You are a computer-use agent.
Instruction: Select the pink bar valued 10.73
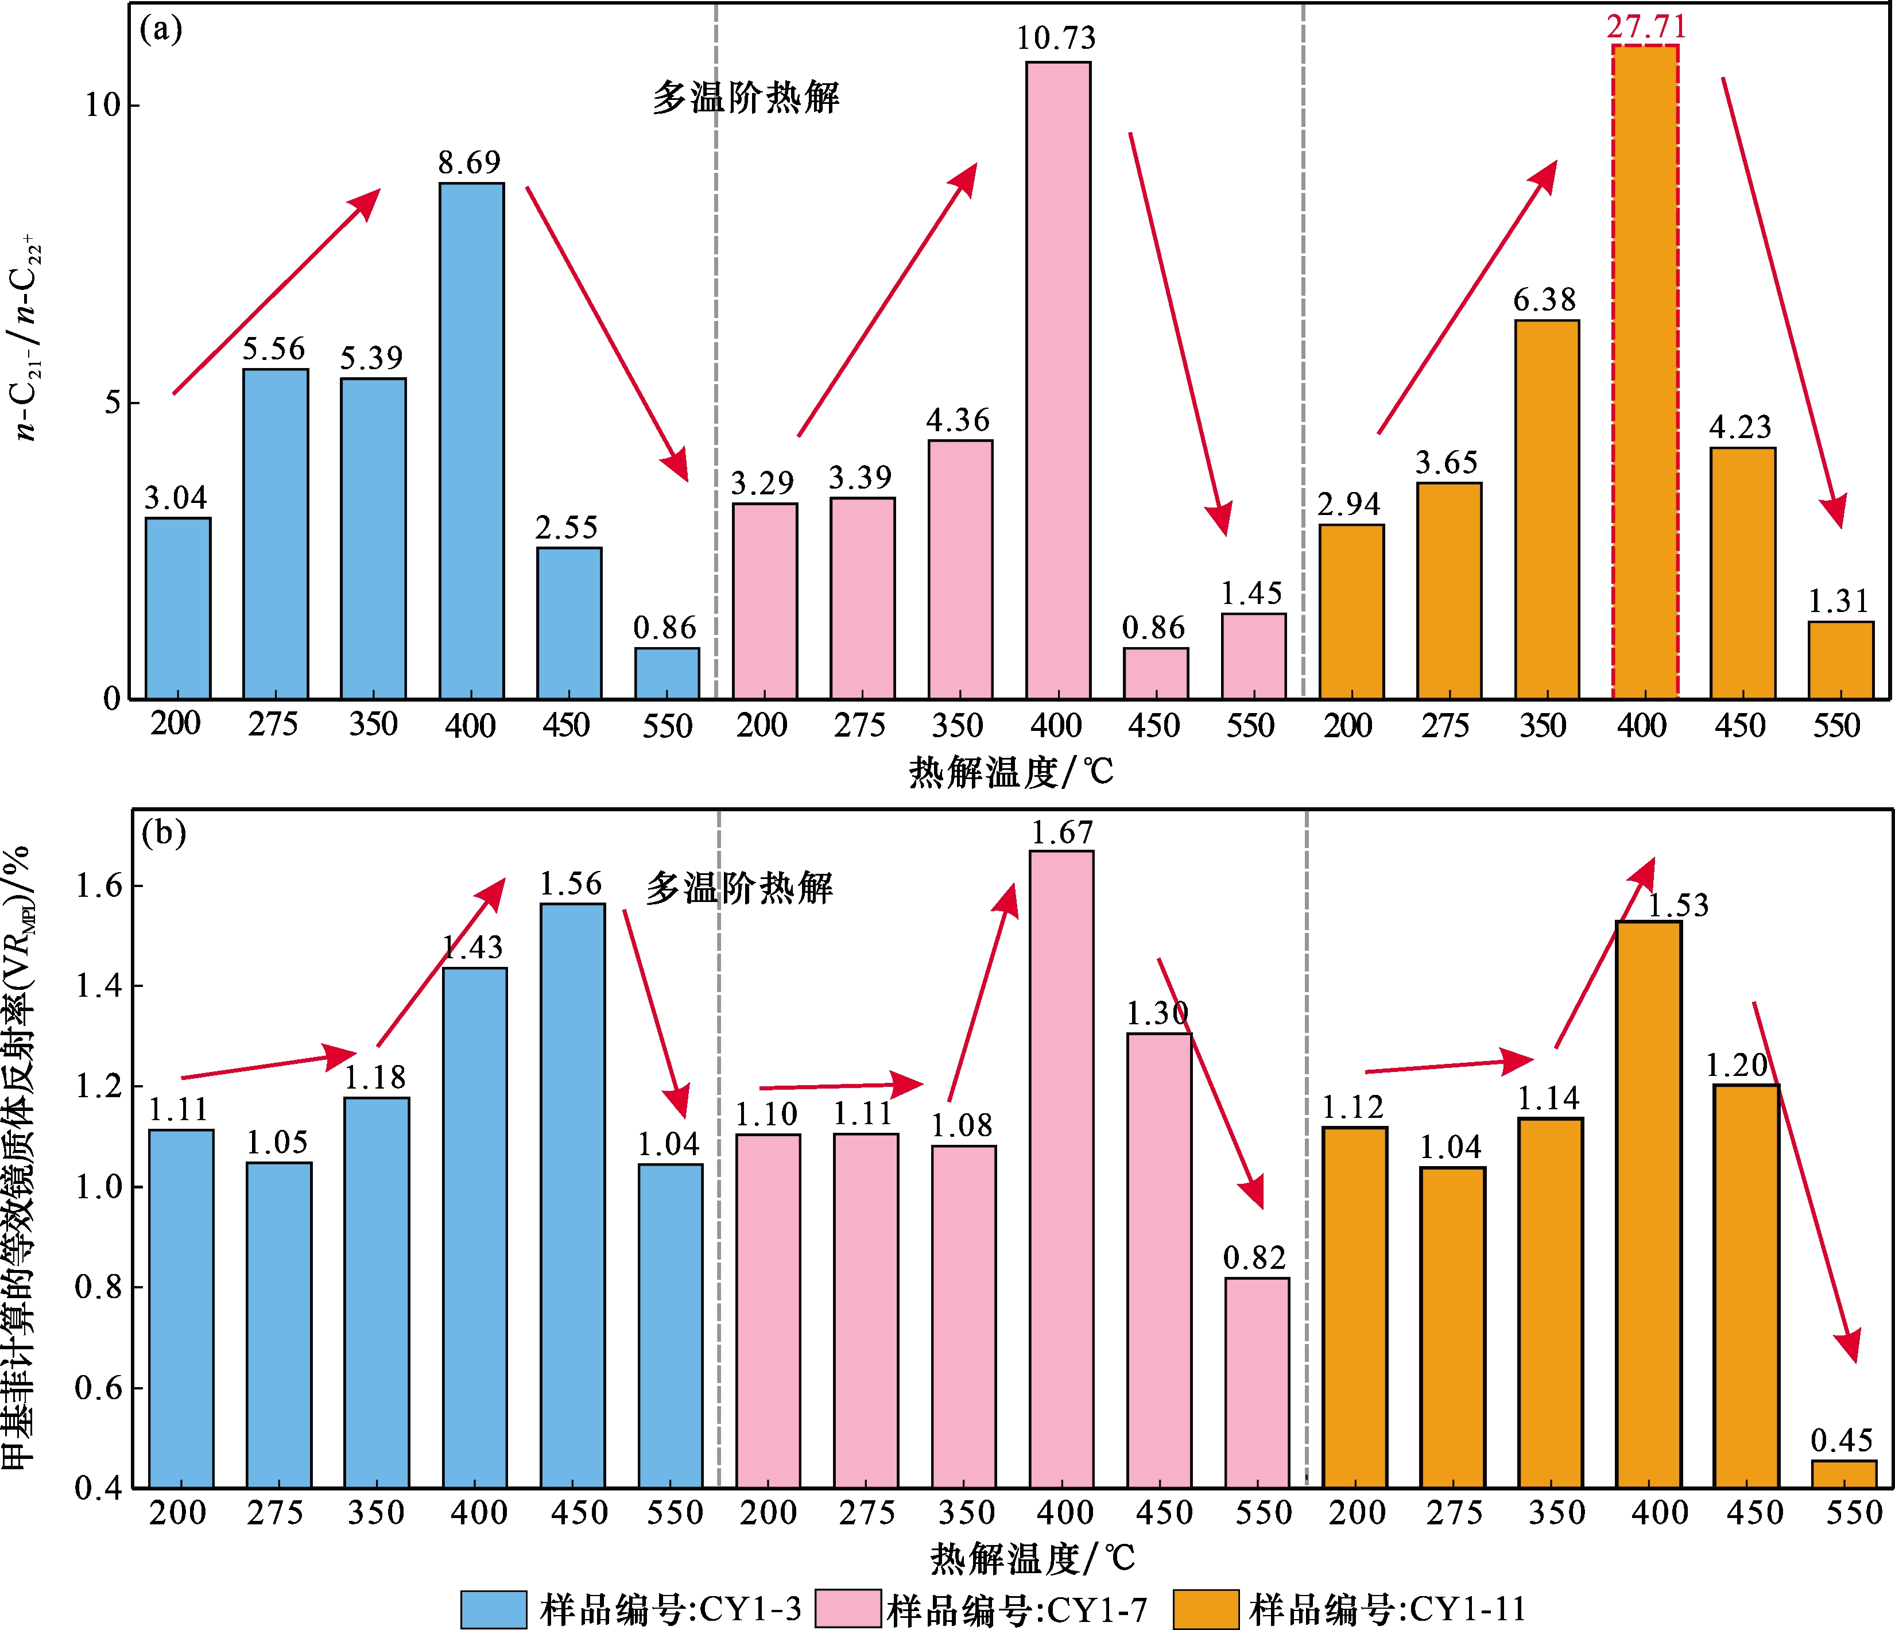[1058, 381]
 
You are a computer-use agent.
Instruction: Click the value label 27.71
[1646, 26]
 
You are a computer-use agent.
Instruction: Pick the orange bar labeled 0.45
[1844, 1474]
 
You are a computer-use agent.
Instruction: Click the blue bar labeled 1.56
[572, 1195]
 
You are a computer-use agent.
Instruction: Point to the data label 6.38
[1545, 300]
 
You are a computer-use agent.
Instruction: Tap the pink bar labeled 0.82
[1257, 1383]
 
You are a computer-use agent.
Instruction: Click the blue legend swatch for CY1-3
[494, 1610]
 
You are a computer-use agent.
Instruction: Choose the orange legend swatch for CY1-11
[1206, 1610]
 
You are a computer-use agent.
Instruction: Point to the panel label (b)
[164, 833]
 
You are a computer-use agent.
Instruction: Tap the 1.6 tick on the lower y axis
[97, 885]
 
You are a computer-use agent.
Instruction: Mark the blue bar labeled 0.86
[668, 674]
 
